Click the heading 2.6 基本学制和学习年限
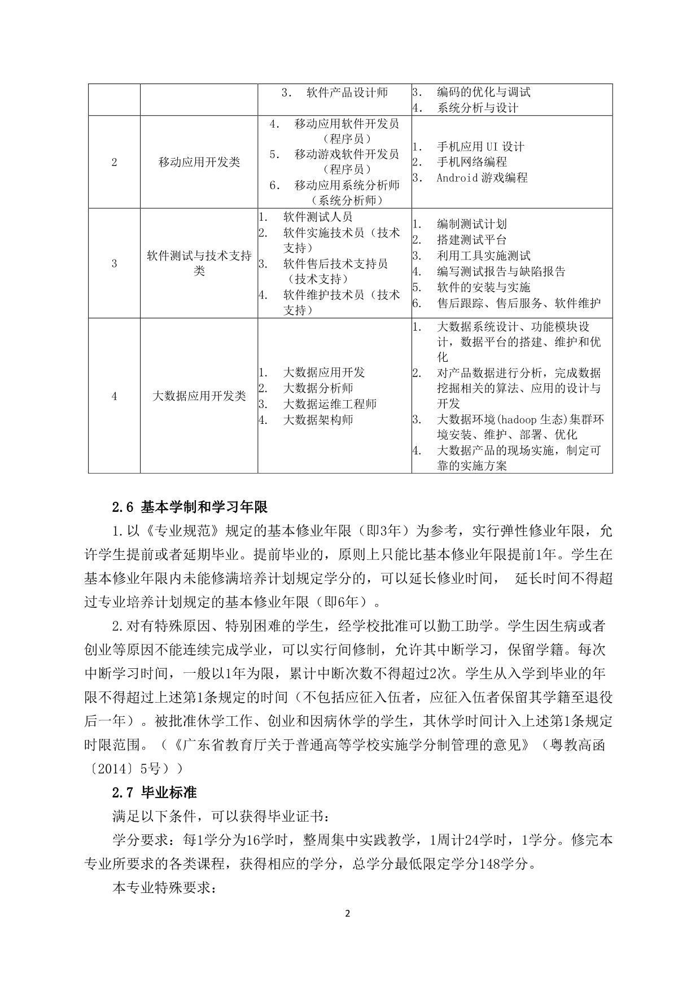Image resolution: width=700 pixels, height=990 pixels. click(190, 507)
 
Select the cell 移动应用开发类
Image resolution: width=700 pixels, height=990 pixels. click(199, 163)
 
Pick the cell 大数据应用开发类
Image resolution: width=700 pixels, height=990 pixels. click(199, 396)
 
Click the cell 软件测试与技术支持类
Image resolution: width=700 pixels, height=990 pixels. click(199, 264)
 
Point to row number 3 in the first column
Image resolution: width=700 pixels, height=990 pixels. click(114, 264)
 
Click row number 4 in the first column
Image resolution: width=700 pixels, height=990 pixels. click(114, 396)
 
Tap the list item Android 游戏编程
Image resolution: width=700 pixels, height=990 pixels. click(482, 178)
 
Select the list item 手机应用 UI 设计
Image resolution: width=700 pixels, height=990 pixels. click(480, 147)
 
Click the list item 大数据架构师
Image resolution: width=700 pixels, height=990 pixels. click(318, 420)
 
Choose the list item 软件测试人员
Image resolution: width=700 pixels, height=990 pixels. click(318, 217)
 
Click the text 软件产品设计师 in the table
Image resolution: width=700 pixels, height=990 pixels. click(347, 93)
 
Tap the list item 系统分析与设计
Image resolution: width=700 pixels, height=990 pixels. click(478, 108)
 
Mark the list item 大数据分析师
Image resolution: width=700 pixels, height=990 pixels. click(318, 388)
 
